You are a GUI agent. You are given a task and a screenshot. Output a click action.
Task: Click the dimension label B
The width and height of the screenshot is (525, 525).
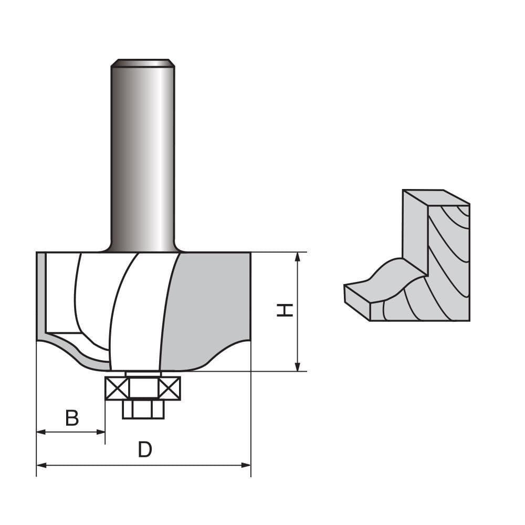pos(72,418)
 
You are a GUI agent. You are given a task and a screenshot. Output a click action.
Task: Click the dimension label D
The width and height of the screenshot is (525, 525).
pos(145,450)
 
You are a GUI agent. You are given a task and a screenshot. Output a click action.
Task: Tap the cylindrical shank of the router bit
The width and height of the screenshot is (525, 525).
pos(143,157)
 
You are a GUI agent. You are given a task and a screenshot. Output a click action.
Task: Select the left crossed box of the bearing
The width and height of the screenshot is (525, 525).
pos(117,388)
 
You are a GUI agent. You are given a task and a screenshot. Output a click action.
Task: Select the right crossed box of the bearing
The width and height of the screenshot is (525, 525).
pos(169,388)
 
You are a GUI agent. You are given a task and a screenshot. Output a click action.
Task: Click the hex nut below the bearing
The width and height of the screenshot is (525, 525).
pos(143,409)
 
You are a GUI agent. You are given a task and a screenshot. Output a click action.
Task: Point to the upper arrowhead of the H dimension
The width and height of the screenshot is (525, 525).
pos(298,257)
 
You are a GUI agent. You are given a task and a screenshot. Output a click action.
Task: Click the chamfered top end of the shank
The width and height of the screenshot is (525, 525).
pos(143,63)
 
